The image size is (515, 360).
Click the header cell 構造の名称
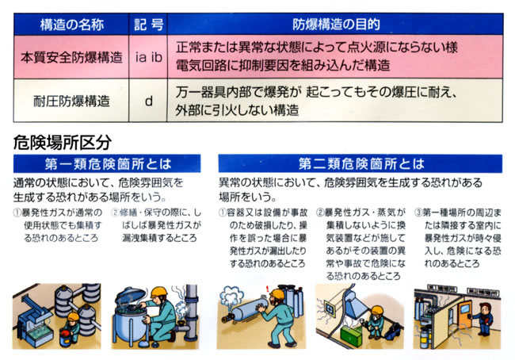[71, 25]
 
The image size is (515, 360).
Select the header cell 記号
[148, 25]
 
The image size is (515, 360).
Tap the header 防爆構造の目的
[335, 25]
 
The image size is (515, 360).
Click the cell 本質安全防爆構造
[71, 57]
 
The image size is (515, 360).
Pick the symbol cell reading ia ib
[148, 57]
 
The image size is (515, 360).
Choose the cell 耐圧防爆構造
[71, 101]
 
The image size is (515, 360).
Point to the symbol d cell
[148, 101]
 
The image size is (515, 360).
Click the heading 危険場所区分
[62, 142]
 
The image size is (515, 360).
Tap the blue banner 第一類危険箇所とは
[107, 163]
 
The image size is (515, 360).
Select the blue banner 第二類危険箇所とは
[360, 163]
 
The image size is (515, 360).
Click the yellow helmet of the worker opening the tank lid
[159, 291]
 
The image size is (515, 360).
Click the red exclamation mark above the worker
[268, 289]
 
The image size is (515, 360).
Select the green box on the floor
[351, 333]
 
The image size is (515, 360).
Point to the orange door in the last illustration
[465, 315]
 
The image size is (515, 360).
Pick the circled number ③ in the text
[418, 213]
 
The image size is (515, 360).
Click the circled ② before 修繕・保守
[116, 213]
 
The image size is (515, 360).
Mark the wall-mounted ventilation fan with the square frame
[329, 308]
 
